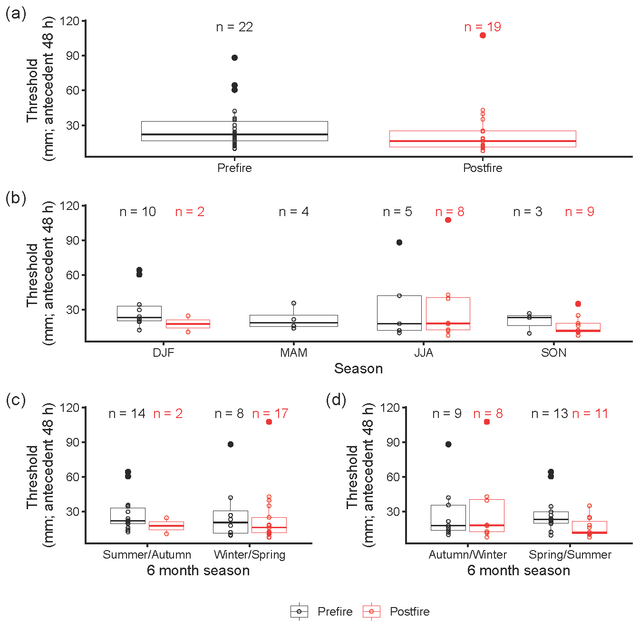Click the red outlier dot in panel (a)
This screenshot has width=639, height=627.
point(483,35)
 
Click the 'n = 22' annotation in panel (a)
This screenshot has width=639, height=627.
point(234,27)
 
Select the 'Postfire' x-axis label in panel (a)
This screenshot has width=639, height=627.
point(483,168)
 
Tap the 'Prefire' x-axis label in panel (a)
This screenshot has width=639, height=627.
point(234,168)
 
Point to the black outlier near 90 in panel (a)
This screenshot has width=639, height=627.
point(234,57)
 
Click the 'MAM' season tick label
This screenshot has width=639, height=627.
point(294,352)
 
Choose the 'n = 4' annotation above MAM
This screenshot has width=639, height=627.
point(294,212)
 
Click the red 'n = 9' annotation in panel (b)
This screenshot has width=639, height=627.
point(580,212)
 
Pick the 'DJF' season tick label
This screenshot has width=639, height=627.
point(164,352)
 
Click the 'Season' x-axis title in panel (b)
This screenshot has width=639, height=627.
point(358,369)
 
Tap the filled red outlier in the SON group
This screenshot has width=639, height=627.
point(578,304)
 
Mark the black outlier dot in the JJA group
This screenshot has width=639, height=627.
point(399,242)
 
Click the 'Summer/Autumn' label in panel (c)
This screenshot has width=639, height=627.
point(147,554)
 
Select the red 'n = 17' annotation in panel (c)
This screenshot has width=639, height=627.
point(270,414)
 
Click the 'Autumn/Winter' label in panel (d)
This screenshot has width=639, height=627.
point(468,554)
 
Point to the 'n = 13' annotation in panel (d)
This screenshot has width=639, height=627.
point(549,414)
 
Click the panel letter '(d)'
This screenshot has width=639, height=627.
point(336,400)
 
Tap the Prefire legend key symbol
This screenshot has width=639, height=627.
point(299,611)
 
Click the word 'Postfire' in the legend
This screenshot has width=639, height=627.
point(409,611)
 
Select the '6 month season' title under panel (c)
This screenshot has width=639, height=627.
point(198,570)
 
